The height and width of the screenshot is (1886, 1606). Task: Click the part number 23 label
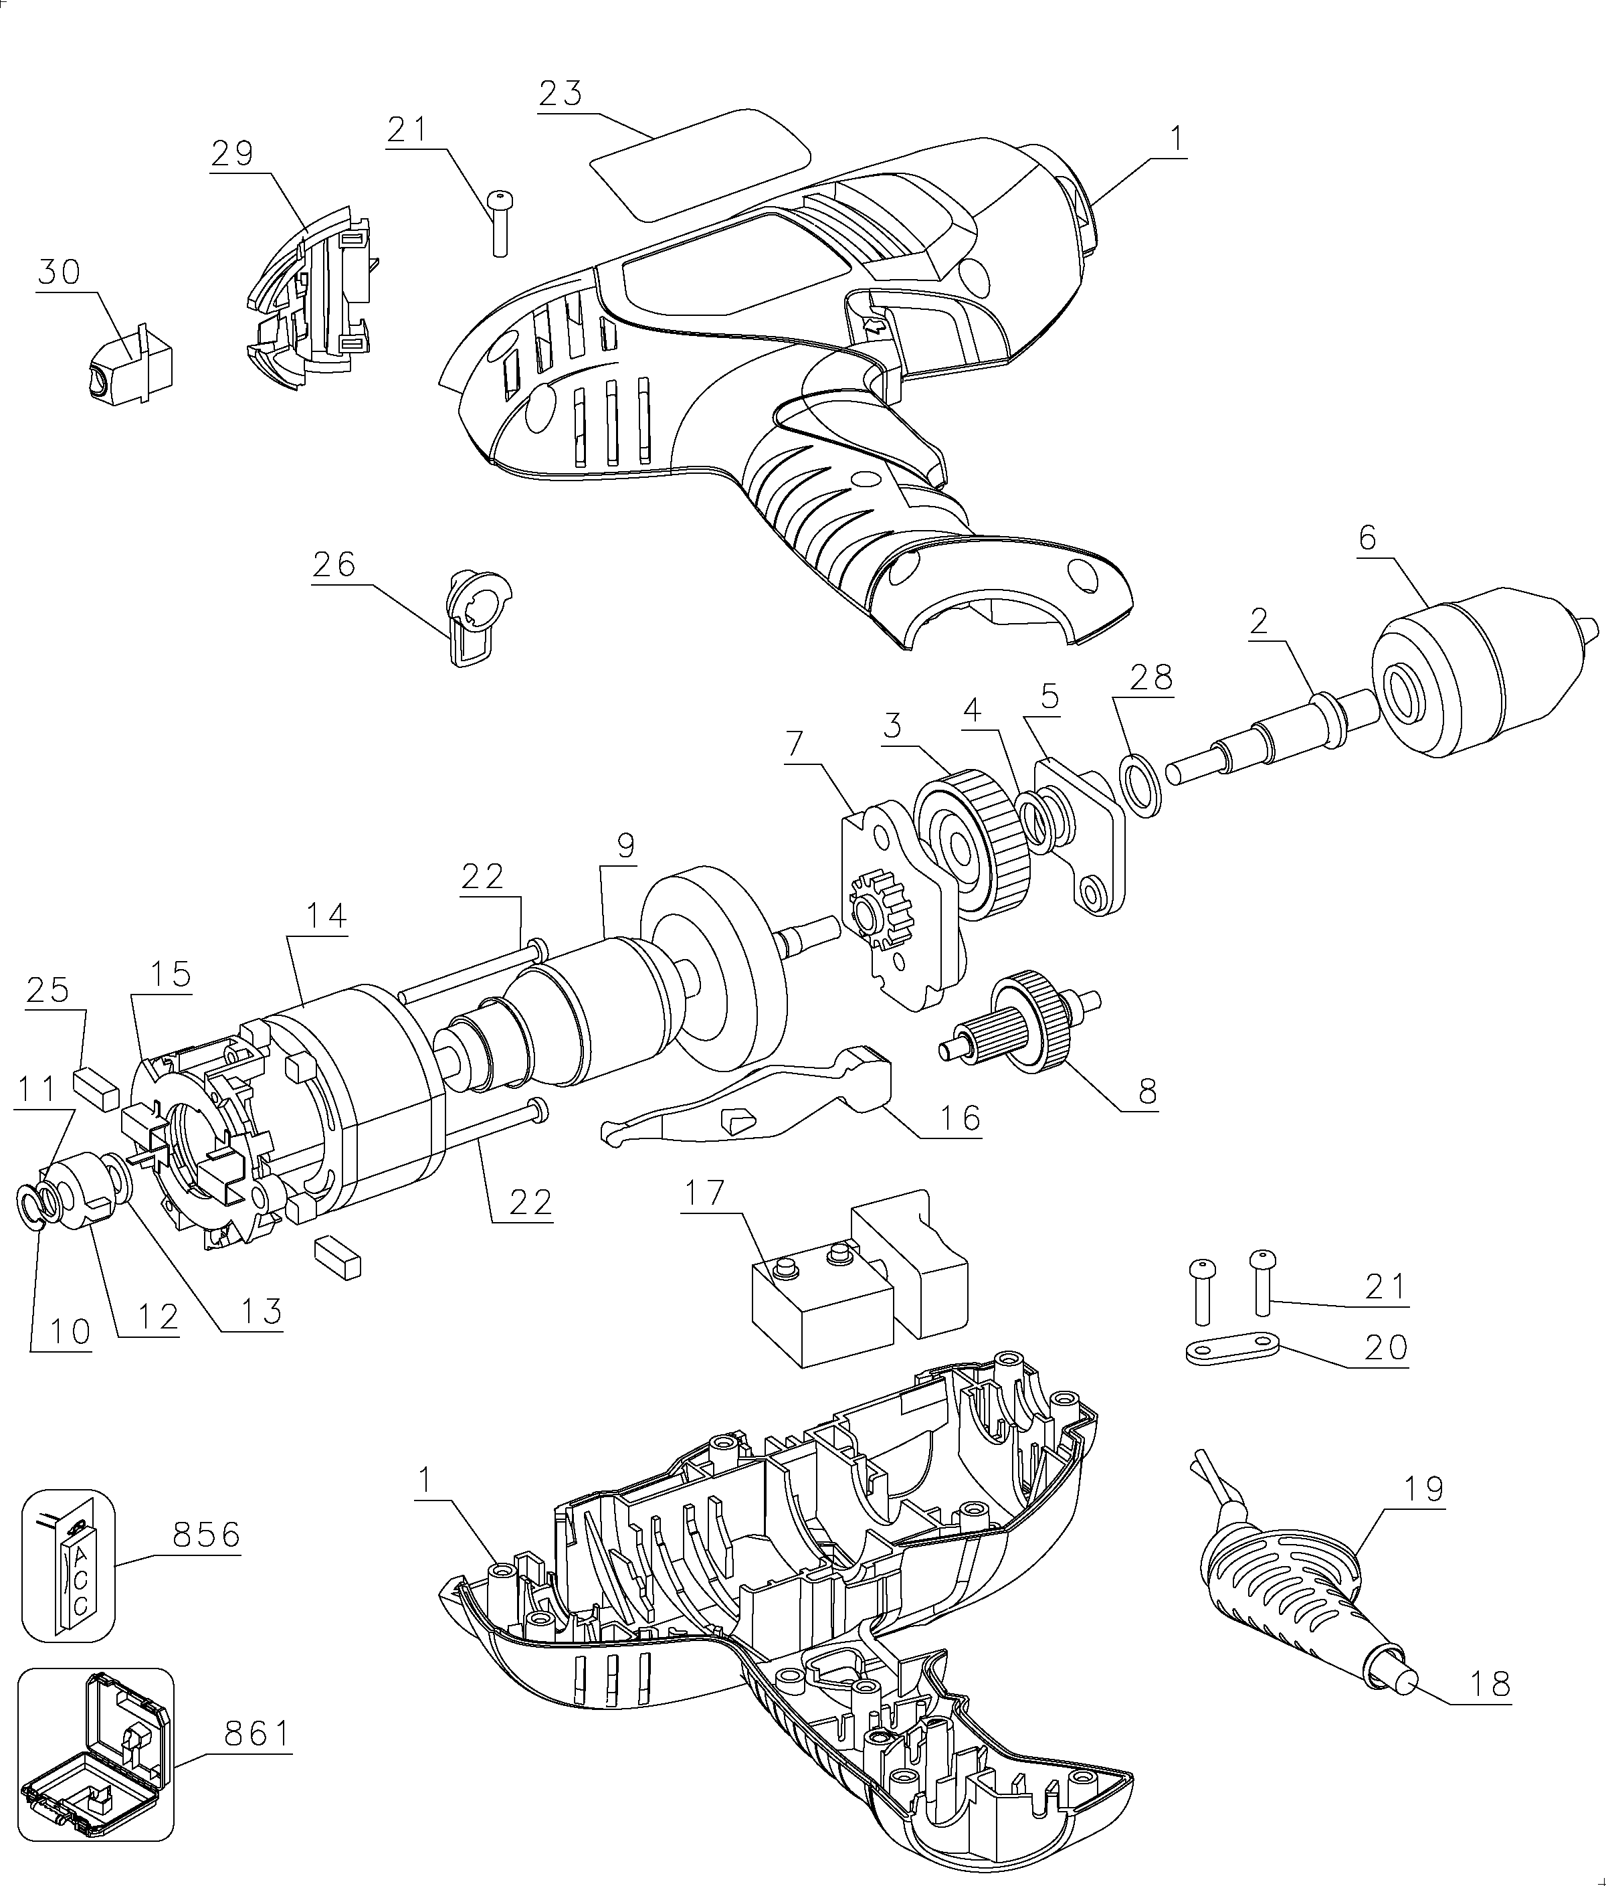tap(561, 94)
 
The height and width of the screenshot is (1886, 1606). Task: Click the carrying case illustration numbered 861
tap(96, 1746)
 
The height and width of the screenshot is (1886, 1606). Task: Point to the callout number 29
tap(232, 153)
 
